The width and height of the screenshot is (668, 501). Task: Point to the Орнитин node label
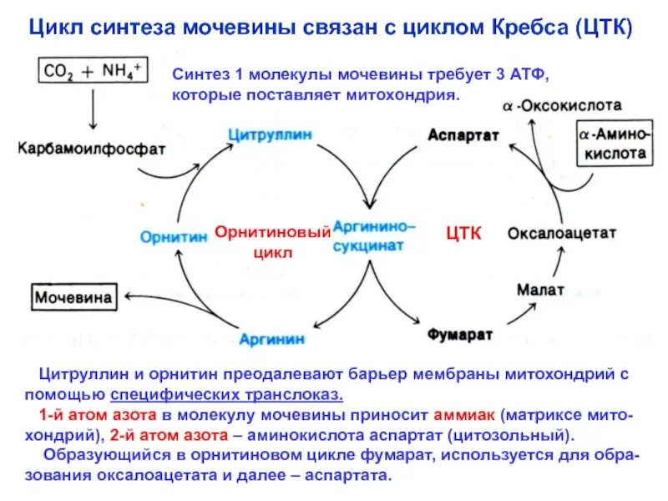pos(173,236)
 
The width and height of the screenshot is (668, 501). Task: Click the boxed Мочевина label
pos(74,295)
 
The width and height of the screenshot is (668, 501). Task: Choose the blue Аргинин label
pos(272,338)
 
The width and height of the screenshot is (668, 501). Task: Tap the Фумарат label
pos(460,334)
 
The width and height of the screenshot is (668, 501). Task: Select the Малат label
pos(540,290)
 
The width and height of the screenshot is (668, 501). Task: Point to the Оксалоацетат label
pos(562,233)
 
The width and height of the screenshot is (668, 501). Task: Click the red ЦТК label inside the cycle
pos(463,234)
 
